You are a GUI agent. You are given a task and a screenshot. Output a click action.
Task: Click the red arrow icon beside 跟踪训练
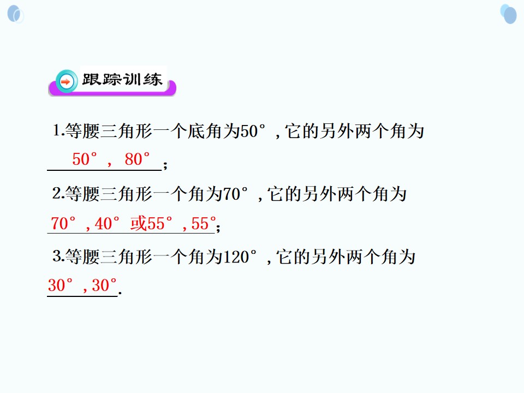pos(67,81)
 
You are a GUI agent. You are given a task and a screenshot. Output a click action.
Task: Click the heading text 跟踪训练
pos(122,80)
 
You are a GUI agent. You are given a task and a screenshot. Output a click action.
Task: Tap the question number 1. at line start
pos(58,130)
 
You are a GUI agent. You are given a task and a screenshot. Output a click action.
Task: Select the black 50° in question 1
pos(253,130)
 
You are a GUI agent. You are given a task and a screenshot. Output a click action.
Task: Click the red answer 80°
pos(137,159)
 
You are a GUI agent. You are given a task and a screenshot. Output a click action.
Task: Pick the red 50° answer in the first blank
pos(85,159)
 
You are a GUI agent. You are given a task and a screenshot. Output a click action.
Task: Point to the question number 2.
pos(58,193)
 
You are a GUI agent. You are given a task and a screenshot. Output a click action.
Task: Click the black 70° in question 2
pos(235,194)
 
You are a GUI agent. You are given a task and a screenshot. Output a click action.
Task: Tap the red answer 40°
pos(107,223)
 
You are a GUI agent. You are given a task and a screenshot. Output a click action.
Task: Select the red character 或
pos(138,223)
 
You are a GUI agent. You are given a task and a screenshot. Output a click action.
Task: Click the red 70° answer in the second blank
pos(63,223)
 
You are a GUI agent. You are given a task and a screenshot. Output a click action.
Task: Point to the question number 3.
pos(58,256)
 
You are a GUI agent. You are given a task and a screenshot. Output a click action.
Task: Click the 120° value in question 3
pos(240,257)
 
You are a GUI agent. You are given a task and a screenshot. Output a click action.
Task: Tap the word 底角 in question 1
pos(205,130)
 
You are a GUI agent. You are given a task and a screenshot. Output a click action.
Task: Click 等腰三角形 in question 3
pos(109,257)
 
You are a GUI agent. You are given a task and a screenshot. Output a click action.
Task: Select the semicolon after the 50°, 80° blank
pos(165,164)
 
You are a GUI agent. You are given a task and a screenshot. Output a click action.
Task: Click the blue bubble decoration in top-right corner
pos(509,14)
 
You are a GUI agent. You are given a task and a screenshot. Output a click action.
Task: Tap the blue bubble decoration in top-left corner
pos(15,14)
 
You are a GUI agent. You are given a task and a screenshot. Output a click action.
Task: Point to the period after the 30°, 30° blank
pos(120,293)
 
